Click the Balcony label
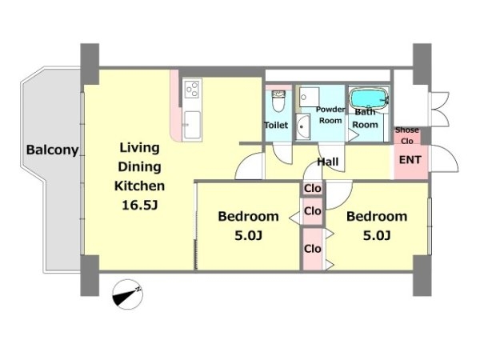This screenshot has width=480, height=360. coord(52,150)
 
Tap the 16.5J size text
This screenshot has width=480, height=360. coord(139,205)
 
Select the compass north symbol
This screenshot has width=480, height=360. coord(127,294)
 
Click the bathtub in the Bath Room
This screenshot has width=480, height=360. coord(369,98)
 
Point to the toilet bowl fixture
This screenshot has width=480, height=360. coord(278,101)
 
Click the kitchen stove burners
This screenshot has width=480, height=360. coord(192,88)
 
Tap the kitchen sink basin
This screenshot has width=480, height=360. coord(193,125)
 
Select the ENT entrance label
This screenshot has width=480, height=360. coord(410,160)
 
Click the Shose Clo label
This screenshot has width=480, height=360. coord(407,135)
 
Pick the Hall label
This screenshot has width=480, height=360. coord(327,162)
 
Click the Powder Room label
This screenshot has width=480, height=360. coord(330,114)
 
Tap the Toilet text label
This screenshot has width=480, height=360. coord(276,125)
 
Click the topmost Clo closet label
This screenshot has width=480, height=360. coord(313,189)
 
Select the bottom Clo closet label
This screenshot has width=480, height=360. coord(313,249)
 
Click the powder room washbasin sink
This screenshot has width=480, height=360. coord(302,126)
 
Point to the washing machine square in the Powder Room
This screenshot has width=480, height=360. coord(309,97)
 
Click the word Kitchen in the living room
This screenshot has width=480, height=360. coord(139,186)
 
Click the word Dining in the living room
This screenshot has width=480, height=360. coord(139,167)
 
